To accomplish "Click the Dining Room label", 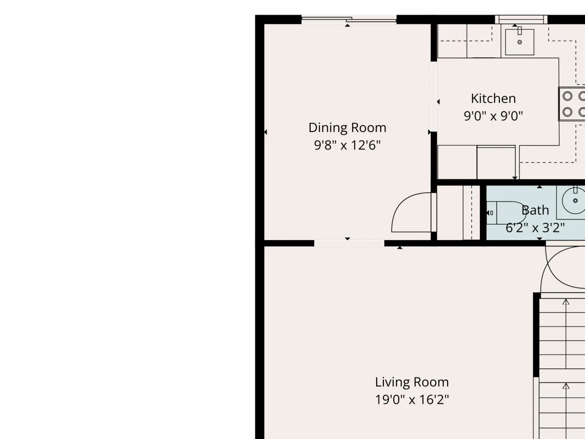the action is tap(347, 128).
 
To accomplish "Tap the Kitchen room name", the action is tap(493, 99).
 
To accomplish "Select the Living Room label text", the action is tap(412, 382).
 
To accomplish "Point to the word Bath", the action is tap(535, 210).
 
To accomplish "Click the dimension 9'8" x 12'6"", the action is tap(347, 145).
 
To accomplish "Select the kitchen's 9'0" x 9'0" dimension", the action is tap(493, 116).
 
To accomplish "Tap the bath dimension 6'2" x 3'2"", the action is tap(535, 228).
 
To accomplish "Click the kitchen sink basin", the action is tap(520, 42).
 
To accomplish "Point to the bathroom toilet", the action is tap(506, 213).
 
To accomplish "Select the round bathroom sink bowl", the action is tap(574, 200).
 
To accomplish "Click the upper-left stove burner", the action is tap(567, 96).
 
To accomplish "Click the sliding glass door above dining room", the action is tap(349, 19).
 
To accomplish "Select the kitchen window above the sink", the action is tap(521, 19).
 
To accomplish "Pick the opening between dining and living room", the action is tap(349, 243).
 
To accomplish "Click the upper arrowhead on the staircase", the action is tap(566, 302).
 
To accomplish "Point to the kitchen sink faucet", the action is tap(520, 30).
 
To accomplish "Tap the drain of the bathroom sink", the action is tap(575, 201).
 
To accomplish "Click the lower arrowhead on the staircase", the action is tap(566, 386).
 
